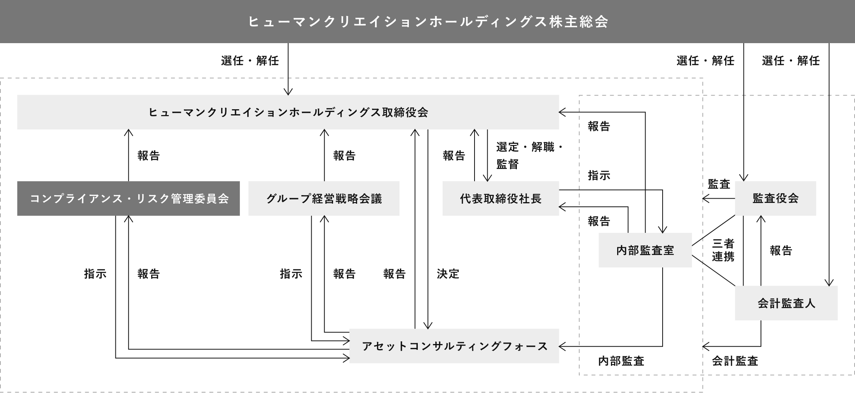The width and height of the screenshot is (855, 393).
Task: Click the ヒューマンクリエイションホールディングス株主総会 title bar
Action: (427, 21)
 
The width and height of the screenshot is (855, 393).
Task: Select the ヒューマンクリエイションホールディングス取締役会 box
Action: (288, 112)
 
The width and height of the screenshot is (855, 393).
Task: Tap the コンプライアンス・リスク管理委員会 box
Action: (129, 198)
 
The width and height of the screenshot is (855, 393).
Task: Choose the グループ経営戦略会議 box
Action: (324, 198)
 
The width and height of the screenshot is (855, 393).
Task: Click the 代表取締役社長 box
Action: (501, 198)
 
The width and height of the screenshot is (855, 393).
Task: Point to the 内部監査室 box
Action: (645, 250)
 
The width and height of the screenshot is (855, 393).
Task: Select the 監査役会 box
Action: (775, 198)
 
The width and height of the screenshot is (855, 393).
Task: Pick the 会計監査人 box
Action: (786, 303)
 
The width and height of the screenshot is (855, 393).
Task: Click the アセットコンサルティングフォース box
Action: (454, 346)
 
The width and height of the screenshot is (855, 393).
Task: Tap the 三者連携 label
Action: (723, 250)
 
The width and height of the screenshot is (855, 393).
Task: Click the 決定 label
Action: (448, 274)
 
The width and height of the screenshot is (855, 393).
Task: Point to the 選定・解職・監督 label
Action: (529, 155)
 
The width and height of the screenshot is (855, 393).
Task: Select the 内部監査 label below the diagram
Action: (621, 361)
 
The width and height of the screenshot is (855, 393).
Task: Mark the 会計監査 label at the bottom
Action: (735, 361)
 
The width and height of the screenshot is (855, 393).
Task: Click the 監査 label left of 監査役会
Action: (719, 184)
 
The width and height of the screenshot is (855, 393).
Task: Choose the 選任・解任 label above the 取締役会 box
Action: (250, 61)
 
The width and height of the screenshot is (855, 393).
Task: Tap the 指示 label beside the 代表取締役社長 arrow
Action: (599, 175)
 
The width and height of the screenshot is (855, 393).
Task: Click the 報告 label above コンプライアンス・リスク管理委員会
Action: (148, 155)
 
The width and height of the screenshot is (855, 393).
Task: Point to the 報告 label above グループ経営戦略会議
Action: (344, 155)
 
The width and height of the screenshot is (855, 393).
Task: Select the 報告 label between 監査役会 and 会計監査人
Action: (781, 250)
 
